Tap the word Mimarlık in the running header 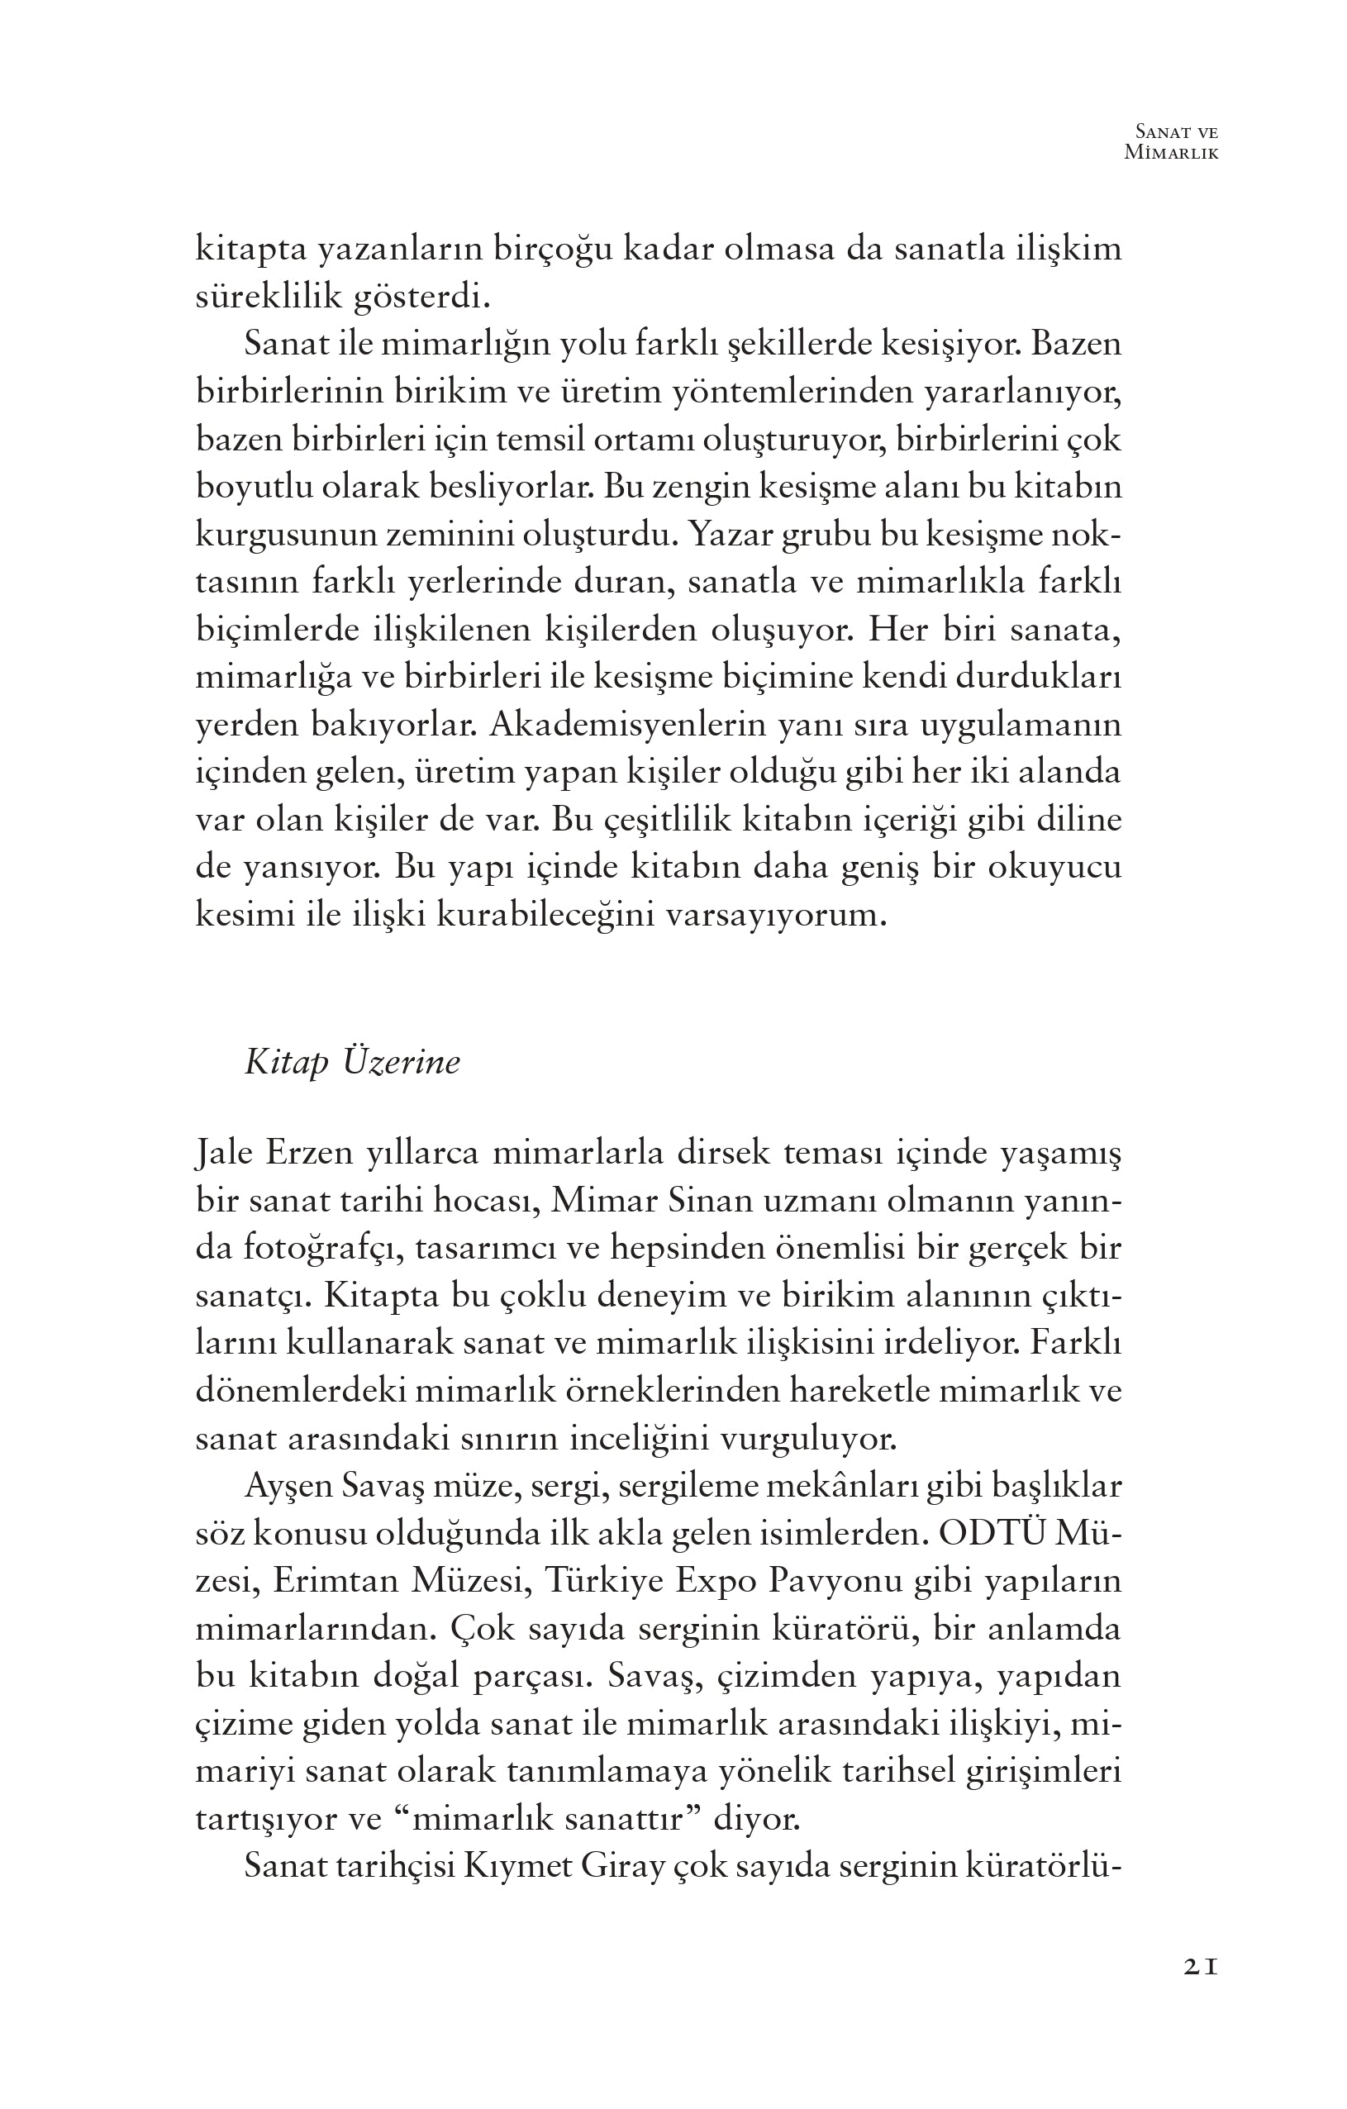[x=1172, y=152]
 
